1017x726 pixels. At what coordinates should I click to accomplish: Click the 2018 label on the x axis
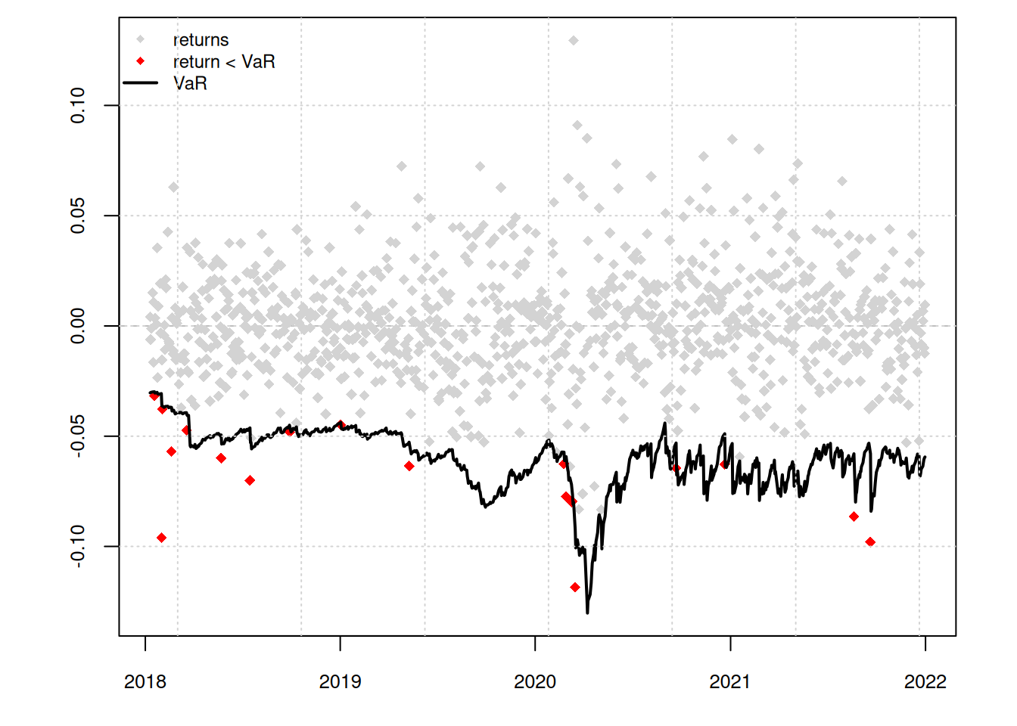145,682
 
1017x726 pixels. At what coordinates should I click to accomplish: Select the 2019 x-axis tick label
340,682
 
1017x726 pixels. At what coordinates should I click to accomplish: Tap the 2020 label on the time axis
535,682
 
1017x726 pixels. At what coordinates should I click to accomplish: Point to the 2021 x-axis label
729,682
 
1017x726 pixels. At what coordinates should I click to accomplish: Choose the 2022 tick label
925,682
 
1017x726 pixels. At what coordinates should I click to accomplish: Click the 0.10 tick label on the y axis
78,105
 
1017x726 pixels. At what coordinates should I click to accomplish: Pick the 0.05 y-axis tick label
78,216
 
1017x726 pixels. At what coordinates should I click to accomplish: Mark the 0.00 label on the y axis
78,326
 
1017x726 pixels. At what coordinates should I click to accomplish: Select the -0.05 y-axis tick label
78,436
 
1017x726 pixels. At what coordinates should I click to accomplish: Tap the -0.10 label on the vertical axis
78,546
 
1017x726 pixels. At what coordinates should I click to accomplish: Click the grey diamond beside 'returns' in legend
141,39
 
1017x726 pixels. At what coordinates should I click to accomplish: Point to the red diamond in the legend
141,61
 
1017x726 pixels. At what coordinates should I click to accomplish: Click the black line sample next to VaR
141,82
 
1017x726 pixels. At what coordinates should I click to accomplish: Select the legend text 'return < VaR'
224,61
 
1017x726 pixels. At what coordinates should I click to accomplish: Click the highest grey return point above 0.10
574,40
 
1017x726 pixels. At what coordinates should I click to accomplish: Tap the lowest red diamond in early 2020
575,587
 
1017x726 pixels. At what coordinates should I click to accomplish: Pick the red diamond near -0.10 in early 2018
161,538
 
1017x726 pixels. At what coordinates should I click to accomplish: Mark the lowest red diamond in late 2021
870,541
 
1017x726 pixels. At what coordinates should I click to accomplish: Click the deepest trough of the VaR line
587,612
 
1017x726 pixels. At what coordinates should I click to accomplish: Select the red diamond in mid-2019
409,466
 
